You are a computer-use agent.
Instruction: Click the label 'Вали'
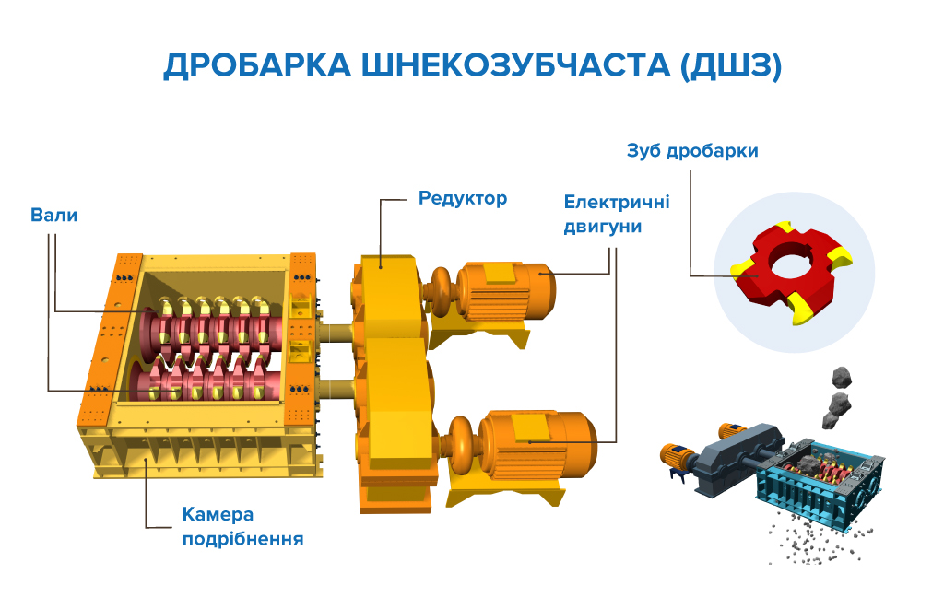click(53, 215)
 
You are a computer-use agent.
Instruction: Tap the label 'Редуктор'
click(463, 199)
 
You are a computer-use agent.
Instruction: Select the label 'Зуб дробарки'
click(692, 150)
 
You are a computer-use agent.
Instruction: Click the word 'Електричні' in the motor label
click(617, 202)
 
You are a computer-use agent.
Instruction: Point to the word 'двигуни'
click(603, 228)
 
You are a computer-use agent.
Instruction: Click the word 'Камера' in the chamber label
click(218, 514)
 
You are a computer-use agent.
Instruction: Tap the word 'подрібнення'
click(242, 539)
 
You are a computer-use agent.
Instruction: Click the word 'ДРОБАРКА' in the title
click(257, 65)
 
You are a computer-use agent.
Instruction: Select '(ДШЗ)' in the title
click(731, 65)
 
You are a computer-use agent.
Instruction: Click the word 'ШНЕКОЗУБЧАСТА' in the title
click(516, 65)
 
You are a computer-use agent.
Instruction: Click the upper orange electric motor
click(506, 292)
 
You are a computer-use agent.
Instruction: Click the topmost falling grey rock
click(842, 378)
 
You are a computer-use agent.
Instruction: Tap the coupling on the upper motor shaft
click(442, 290)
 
